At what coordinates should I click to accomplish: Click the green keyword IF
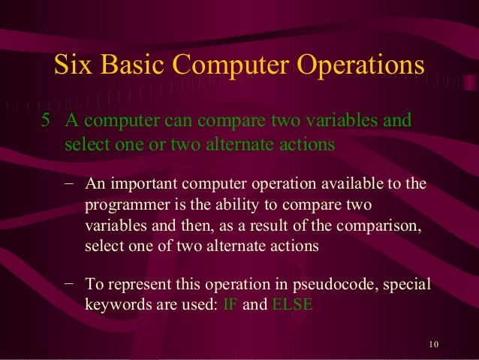coord(231,305)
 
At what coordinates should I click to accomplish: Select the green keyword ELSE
coord(291,305)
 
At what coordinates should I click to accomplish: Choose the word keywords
coord(114,305)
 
